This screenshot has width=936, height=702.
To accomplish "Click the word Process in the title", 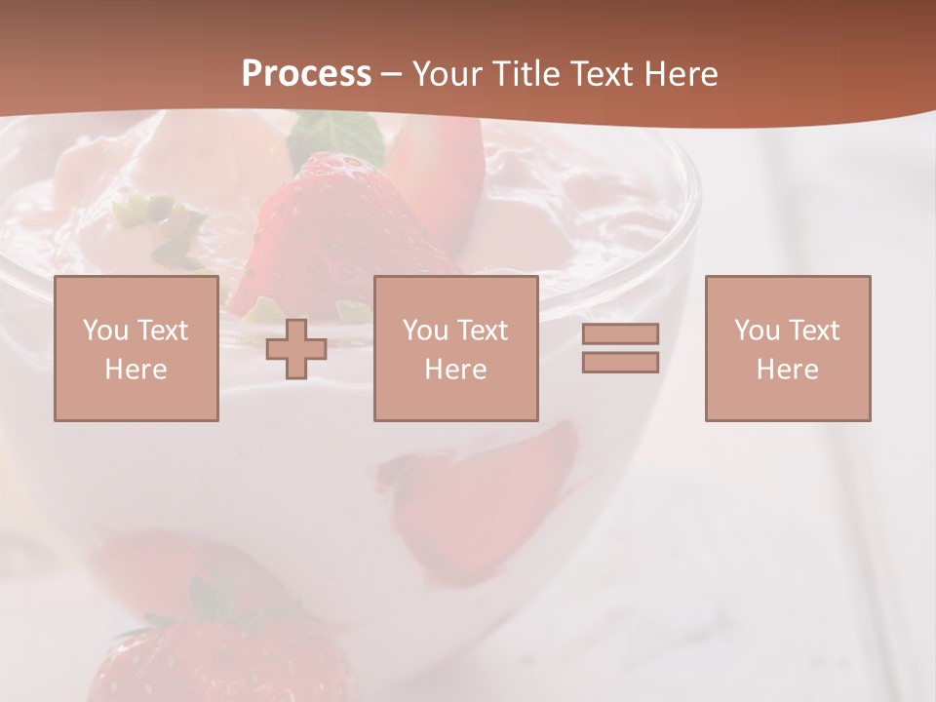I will point(306,74).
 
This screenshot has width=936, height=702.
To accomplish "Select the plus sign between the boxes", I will point(296,349).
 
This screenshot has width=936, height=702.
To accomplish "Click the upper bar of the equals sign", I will point(620,333).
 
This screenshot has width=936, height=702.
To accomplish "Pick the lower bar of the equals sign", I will point(620,363).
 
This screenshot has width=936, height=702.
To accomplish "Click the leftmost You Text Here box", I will point(136,348).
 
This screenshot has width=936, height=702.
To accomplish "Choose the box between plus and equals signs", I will point(455,348).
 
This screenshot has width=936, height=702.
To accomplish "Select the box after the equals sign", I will point(787,348).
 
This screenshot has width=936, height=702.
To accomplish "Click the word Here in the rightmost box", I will point(787,369).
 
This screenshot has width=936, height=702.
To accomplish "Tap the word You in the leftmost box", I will point(105,331).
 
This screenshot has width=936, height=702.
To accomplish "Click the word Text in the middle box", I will point(482,331).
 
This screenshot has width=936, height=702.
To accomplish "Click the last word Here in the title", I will point(682,74).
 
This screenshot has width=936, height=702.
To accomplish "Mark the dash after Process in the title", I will point(392,74).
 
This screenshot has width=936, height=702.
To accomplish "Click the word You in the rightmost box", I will point(757,331).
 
